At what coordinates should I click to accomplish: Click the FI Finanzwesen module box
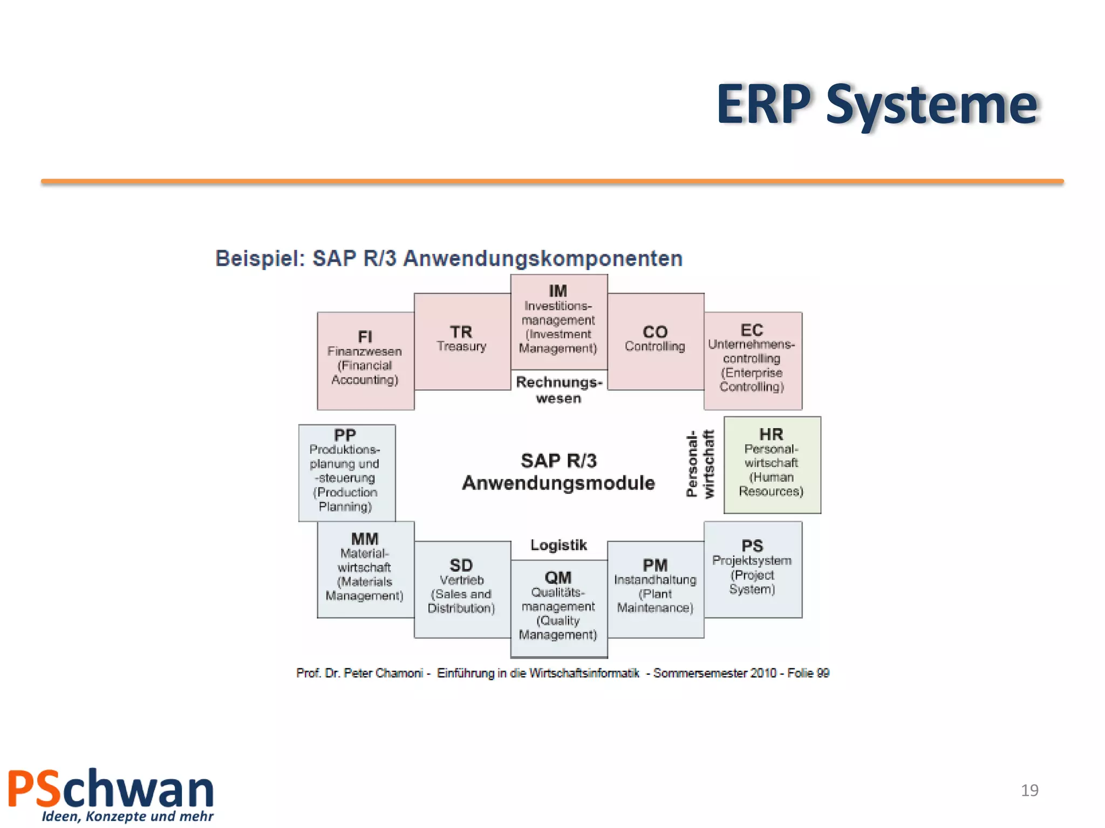coord(365,360)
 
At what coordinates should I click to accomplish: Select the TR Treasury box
coord(462,341)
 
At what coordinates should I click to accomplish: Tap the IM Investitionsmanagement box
coord(558,321)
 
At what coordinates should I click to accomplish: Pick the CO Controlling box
coord(655,341)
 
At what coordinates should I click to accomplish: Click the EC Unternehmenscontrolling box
coord(752,360)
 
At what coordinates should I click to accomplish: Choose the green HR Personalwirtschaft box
coord(772,465)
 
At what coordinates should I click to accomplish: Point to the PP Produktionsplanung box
coord(346,472)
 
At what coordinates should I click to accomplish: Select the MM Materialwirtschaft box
coord(365,569)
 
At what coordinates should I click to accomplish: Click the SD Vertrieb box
coord(462,589)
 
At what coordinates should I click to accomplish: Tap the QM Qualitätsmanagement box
coord(558,608)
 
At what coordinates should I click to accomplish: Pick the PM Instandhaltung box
coord(655,589)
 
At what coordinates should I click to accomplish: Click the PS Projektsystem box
coord(752,569)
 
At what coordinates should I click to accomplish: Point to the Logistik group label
coord(558,545)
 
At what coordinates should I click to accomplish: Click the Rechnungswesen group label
coord(558,390)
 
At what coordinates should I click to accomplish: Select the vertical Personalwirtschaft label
coord(700,464)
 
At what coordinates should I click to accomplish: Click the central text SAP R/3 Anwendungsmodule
coord(558,472)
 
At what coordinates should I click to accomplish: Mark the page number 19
coord(1029,790)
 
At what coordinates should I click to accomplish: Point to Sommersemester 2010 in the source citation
coord(714,673)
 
